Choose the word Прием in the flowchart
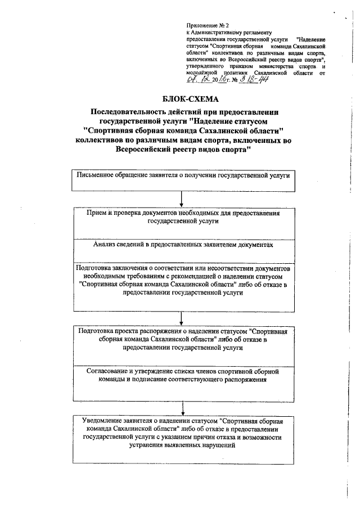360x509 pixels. tap(96, 214)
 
